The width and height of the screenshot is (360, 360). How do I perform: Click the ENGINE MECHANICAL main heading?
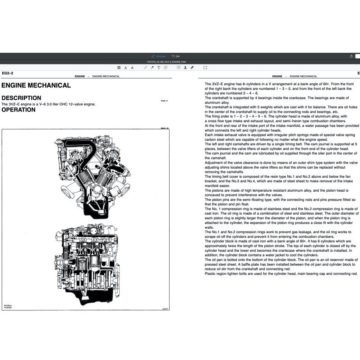pos(36,85)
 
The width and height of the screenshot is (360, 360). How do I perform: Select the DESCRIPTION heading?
pos(21,98)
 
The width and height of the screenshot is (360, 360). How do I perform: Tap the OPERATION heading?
pos(18,110)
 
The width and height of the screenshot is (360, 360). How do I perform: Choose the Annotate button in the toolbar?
pos(158,56)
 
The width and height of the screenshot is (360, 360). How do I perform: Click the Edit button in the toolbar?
pos(175,56)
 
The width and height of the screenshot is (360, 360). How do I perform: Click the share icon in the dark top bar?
pos(351,56)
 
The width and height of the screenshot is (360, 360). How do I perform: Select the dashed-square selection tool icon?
pos(205,67)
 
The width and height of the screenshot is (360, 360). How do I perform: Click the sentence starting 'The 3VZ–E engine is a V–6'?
pos(48,104)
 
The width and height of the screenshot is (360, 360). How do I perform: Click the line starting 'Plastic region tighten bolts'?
pos(281,273)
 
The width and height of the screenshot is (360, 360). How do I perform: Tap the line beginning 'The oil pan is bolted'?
pos(281,260)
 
